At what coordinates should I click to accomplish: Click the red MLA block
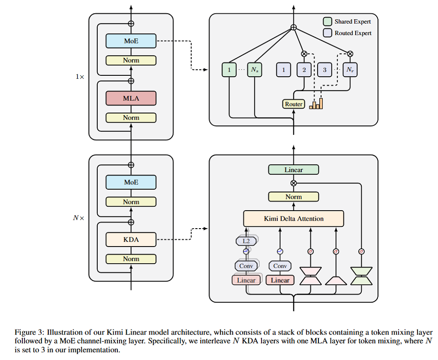(131, 98)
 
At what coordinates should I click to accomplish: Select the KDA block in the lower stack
(131, 239)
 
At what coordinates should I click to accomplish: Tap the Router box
(293, 104)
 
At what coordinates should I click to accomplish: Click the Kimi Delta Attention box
(293, 218)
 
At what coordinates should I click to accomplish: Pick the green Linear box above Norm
(293, 169)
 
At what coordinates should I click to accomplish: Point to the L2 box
(246, 240)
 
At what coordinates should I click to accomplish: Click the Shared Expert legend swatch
(327, 21)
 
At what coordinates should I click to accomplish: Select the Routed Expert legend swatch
(327, 33)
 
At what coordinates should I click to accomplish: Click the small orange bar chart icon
(316, 104)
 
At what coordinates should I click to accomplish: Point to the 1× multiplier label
(79, 77)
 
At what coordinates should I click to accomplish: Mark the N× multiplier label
(78, 217)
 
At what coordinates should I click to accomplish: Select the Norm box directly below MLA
(131, 117)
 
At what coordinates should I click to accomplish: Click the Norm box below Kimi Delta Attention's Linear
(293, 197)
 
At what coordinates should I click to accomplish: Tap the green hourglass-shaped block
(361, 275)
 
